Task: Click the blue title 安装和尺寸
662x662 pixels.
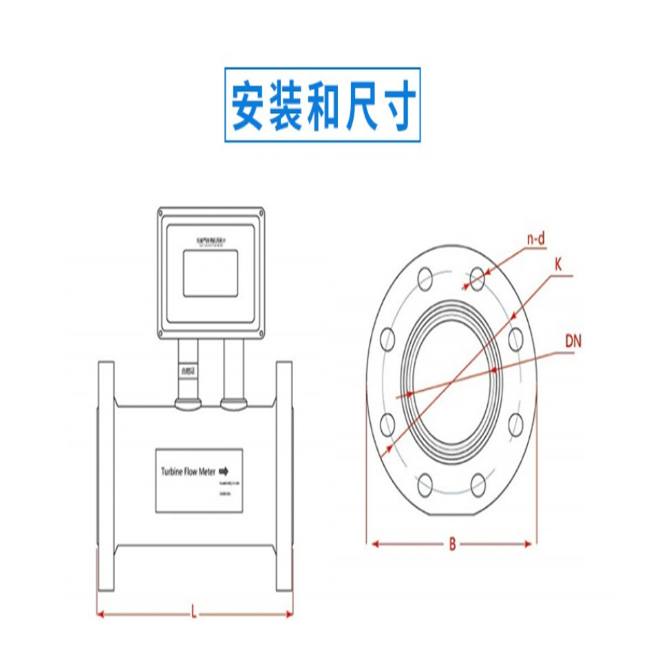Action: pyautogui.click(x=322, y=105)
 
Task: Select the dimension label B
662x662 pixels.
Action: pyautogui.click(x=452, y=544)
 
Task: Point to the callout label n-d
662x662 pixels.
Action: pyautogui.click(x=536, y=239)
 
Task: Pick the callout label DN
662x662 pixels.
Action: pyautogui.click(x=573, y=341)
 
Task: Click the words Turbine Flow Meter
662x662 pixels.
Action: pyautogui.click(x=188, y=472)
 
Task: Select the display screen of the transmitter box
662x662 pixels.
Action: pyautogui.click(x=211, y=273)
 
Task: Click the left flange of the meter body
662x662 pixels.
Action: pyautogui.click(x=105, y=476)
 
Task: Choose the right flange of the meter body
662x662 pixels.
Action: pyautogui.click(x=285, y=476)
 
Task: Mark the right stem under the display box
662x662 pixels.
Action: pyautogui.click(x=233, y=372)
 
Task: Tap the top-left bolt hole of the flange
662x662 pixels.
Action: pyautogui.click(x=425, y=279)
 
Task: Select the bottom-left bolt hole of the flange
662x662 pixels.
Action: pyautogui.click(x=425, y=485)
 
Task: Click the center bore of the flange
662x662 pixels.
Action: pyautogui.click(x=451, y=382)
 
